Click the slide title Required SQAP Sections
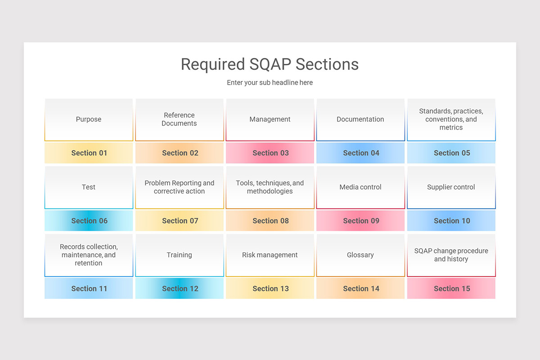click(x=270, y=64)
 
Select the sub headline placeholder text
click(x=270, y=83)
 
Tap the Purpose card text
click(x=89, y=119)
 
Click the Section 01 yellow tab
click(x=89, y=153)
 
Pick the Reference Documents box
click(x=179, y=119)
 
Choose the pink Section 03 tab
click(x=270, y=153)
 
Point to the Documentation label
click(x=360, y=119)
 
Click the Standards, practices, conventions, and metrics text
click(x=451, y=119)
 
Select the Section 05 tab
click(x=452, y=153)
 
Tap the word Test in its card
click(x=89, y=187)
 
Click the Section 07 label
click(x=180, y=221)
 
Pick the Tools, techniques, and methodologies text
click(x=270, y=187)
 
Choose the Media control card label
click(x=360, y=187)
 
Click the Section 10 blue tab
click(x=452, y=221)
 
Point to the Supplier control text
click(x=451, y=187)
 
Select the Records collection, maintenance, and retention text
click(x=89, y=255)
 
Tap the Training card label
click(x=179, y=255)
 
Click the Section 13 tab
click(x=270, y=288)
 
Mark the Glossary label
click(x=360, y=255)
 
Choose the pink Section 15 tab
click(x=452, y=288)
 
